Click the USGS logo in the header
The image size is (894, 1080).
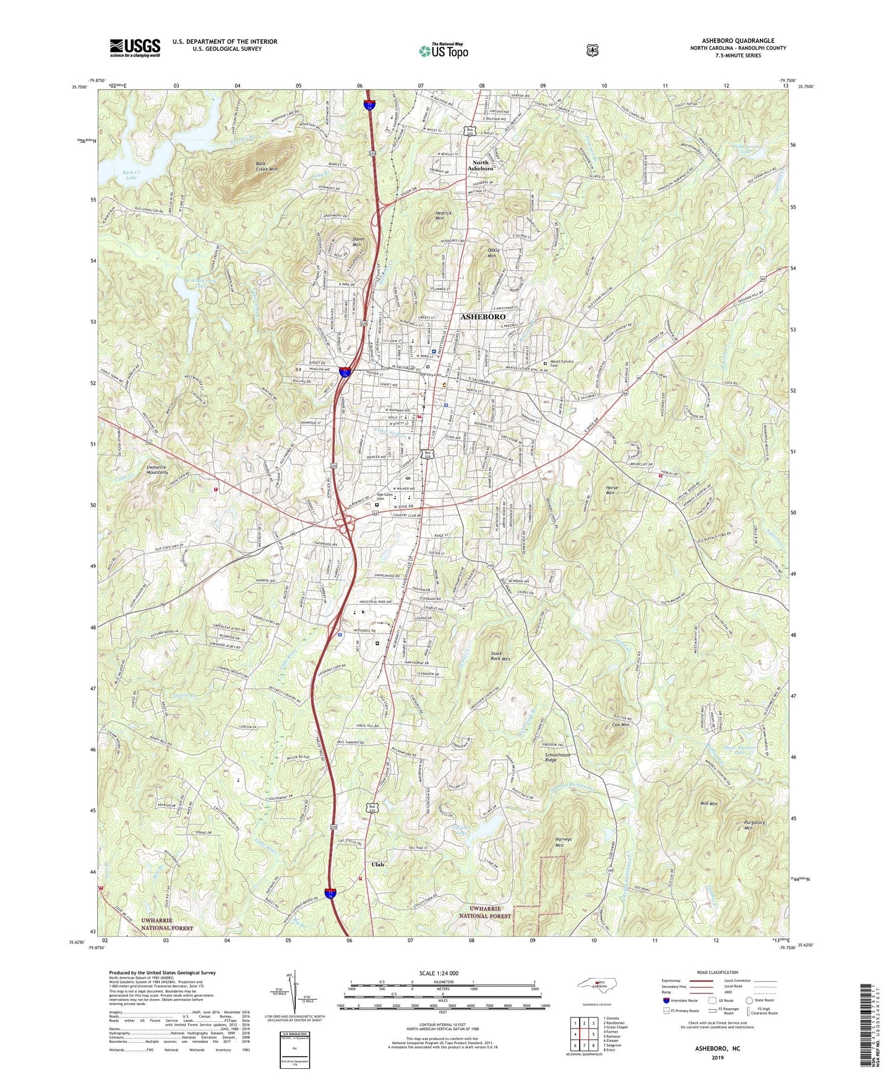(135, 47)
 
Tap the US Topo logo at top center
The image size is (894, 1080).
(442, 51)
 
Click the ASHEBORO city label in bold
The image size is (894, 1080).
(483, 317)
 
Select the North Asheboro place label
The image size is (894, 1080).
(480, 165)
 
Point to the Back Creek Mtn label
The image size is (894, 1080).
(267, 166)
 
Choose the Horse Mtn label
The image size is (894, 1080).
(611, 491)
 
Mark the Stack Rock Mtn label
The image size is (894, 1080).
(500, 656)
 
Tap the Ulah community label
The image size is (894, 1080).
(377, 864)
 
